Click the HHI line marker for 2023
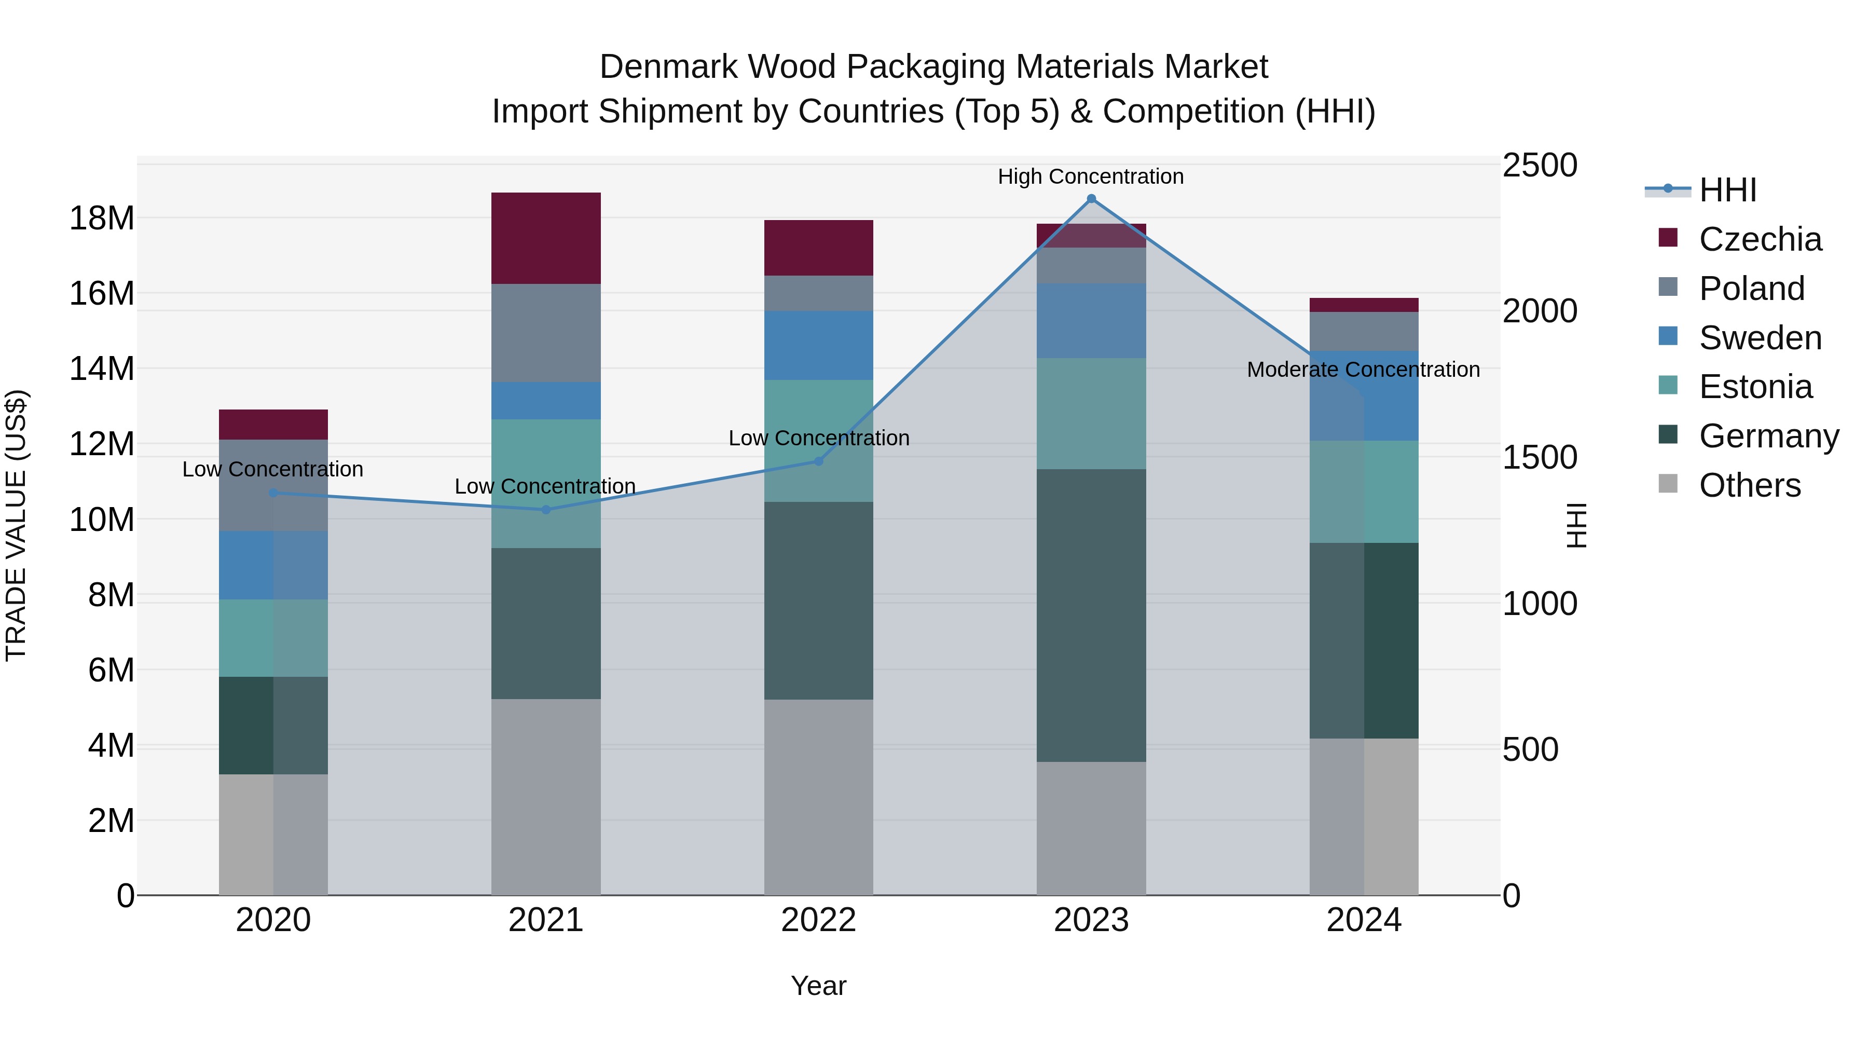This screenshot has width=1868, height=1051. point(1091,199)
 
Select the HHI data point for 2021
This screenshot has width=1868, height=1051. point(546,510)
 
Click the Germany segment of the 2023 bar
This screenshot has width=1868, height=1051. point(1091,615)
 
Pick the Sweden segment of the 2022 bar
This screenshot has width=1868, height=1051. point(819,345)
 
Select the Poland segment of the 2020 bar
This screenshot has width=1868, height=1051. point(273,485)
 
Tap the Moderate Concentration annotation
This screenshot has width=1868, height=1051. point(1363,370)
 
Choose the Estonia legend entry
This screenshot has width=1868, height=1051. point(1755,387)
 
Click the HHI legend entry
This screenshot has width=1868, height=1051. point(1727,190)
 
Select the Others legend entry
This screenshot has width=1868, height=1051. point(1749,485)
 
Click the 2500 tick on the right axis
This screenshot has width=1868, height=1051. point(1539,166)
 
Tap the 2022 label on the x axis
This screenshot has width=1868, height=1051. point(819,920)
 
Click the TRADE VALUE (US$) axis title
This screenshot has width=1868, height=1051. point(16,525)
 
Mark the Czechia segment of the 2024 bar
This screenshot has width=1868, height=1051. point(1363,305)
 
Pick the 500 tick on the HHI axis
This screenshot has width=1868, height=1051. point(1530,749)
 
